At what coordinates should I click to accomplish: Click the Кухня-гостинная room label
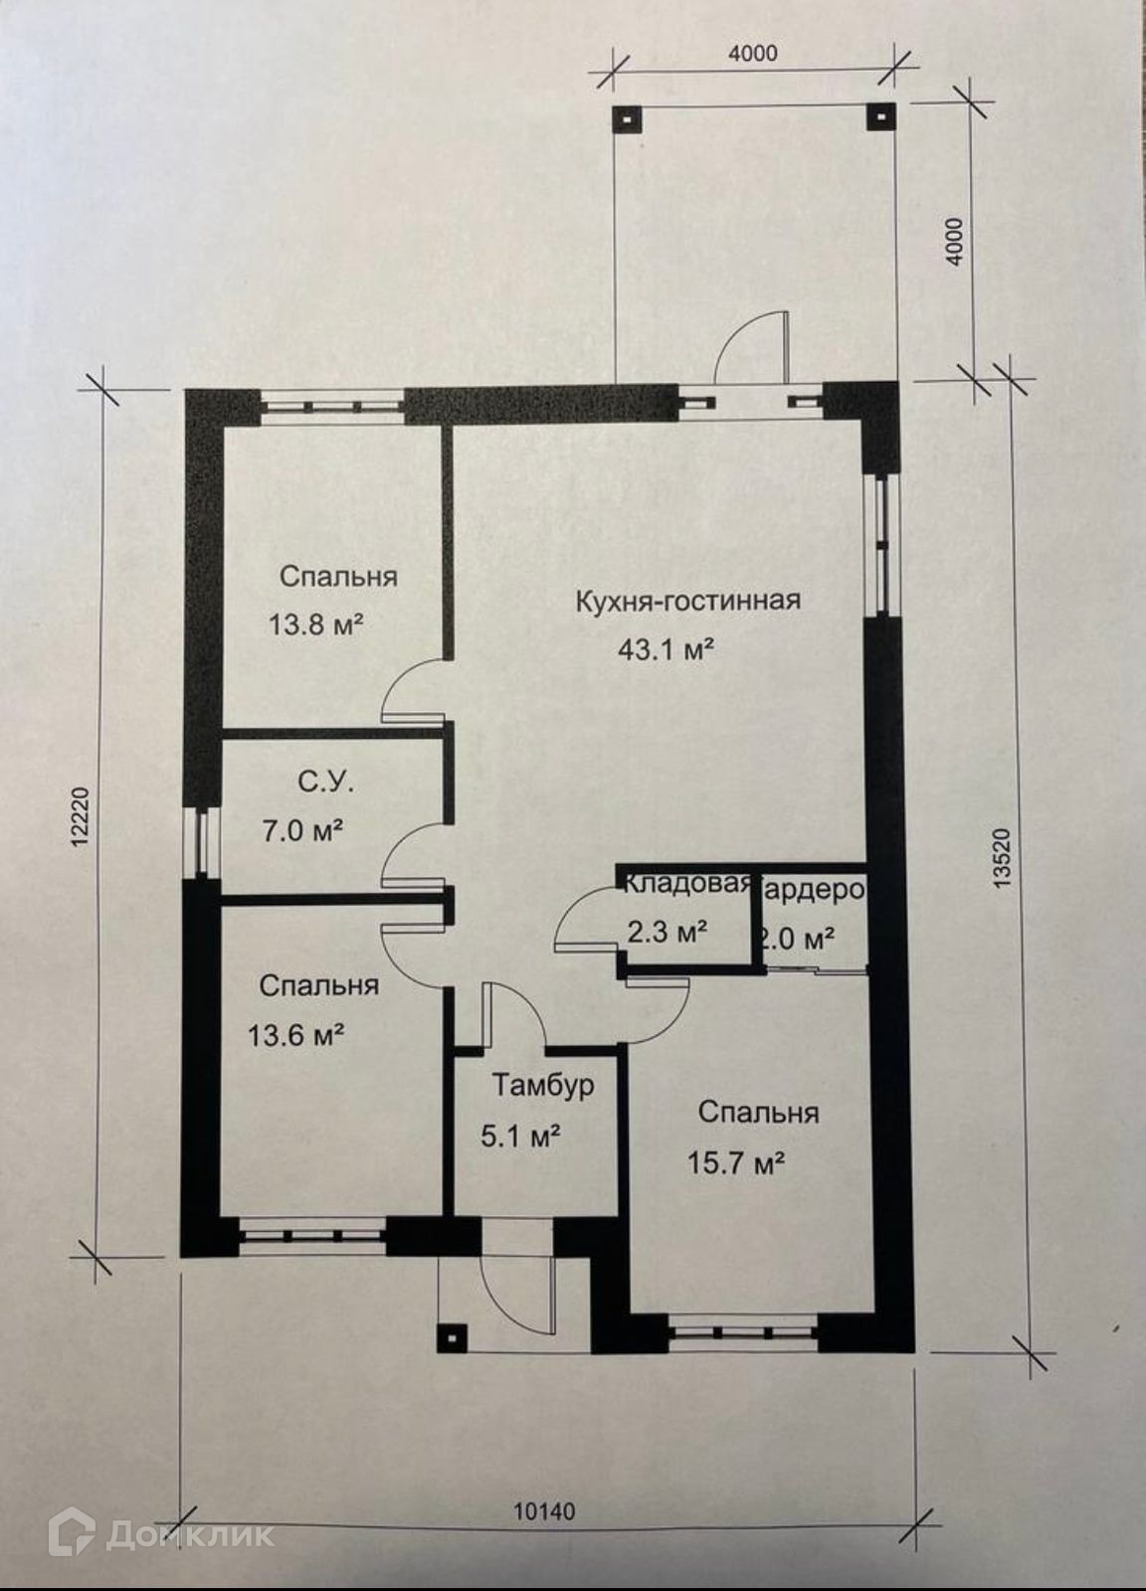pos(687,601)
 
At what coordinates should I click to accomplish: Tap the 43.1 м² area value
pos(667,650)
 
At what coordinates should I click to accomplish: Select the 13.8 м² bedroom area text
pos(314,625)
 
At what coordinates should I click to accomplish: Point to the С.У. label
pos(325,783)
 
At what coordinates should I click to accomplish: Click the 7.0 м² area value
pos(302,830)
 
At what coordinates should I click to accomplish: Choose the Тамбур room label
pos(543,1084)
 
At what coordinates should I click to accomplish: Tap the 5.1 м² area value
pos(520,1136)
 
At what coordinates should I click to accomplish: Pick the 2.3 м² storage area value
pos(668,932)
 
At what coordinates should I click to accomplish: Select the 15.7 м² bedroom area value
pos(737,1161)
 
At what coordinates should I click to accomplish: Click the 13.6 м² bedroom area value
pos(296,1036)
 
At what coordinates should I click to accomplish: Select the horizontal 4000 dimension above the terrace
pos(753,54)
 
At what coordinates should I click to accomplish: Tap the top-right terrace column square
pos(880,116)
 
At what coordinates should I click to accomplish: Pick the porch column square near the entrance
pos(452,1337)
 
